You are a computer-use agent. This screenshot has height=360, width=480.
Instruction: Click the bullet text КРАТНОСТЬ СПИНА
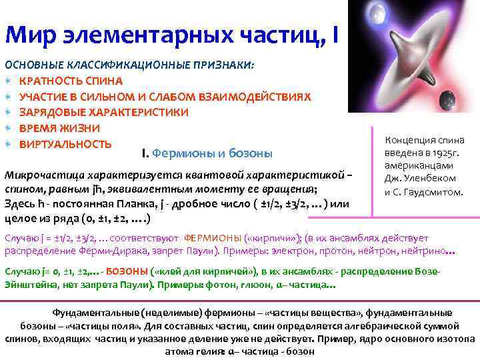coord(71,81)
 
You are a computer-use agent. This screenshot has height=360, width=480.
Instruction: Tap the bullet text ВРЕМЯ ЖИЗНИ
coord(59,128)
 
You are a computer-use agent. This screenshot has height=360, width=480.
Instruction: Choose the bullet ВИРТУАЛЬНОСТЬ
coord(65,144)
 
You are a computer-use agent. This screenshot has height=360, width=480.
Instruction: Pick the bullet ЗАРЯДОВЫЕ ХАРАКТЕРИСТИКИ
coord(103,113)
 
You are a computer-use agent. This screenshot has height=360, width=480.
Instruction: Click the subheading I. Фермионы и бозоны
coord(207,154)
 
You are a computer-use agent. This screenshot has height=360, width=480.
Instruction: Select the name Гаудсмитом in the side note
coord(433,191)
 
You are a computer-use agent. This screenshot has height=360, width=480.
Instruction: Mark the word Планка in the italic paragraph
coord(159,203)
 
